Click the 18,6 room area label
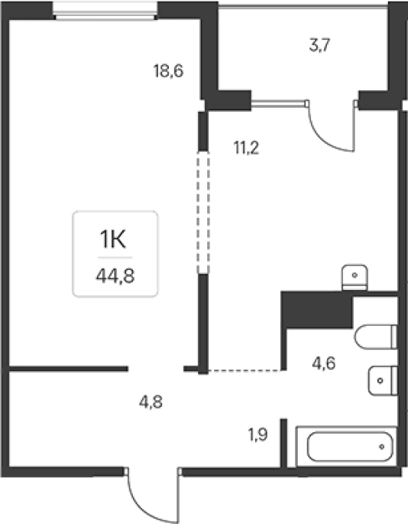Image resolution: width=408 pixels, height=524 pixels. pos(169,71)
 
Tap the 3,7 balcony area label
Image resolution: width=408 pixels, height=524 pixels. pos(320,45)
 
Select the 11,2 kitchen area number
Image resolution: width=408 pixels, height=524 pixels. pos(246,148)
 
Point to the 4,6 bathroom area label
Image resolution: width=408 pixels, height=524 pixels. pos(324,363)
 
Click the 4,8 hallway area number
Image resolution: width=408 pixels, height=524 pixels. pos(151,402)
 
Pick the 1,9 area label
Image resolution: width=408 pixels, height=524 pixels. pos(257,434)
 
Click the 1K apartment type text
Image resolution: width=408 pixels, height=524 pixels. pos(113,239)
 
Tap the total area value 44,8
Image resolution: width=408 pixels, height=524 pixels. pos(115,276)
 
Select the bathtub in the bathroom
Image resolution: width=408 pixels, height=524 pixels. pos(346,447)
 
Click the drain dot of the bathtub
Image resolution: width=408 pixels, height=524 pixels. pos(381,447)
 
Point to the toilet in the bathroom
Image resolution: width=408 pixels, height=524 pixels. pos(376,337)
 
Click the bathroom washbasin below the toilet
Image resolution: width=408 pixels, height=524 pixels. pos(383,381)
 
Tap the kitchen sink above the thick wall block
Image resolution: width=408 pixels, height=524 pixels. pos(355,278)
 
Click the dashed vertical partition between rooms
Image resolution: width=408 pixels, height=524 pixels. pos(203,212)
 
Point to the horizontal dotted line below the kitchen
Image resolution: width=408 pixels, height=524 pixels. pos(244,370)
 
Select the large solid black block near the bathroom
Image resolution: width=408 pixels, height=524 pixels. pos(317,309)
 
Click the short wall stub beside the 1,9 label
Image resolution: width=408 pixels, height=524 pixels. pos(283,443)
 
